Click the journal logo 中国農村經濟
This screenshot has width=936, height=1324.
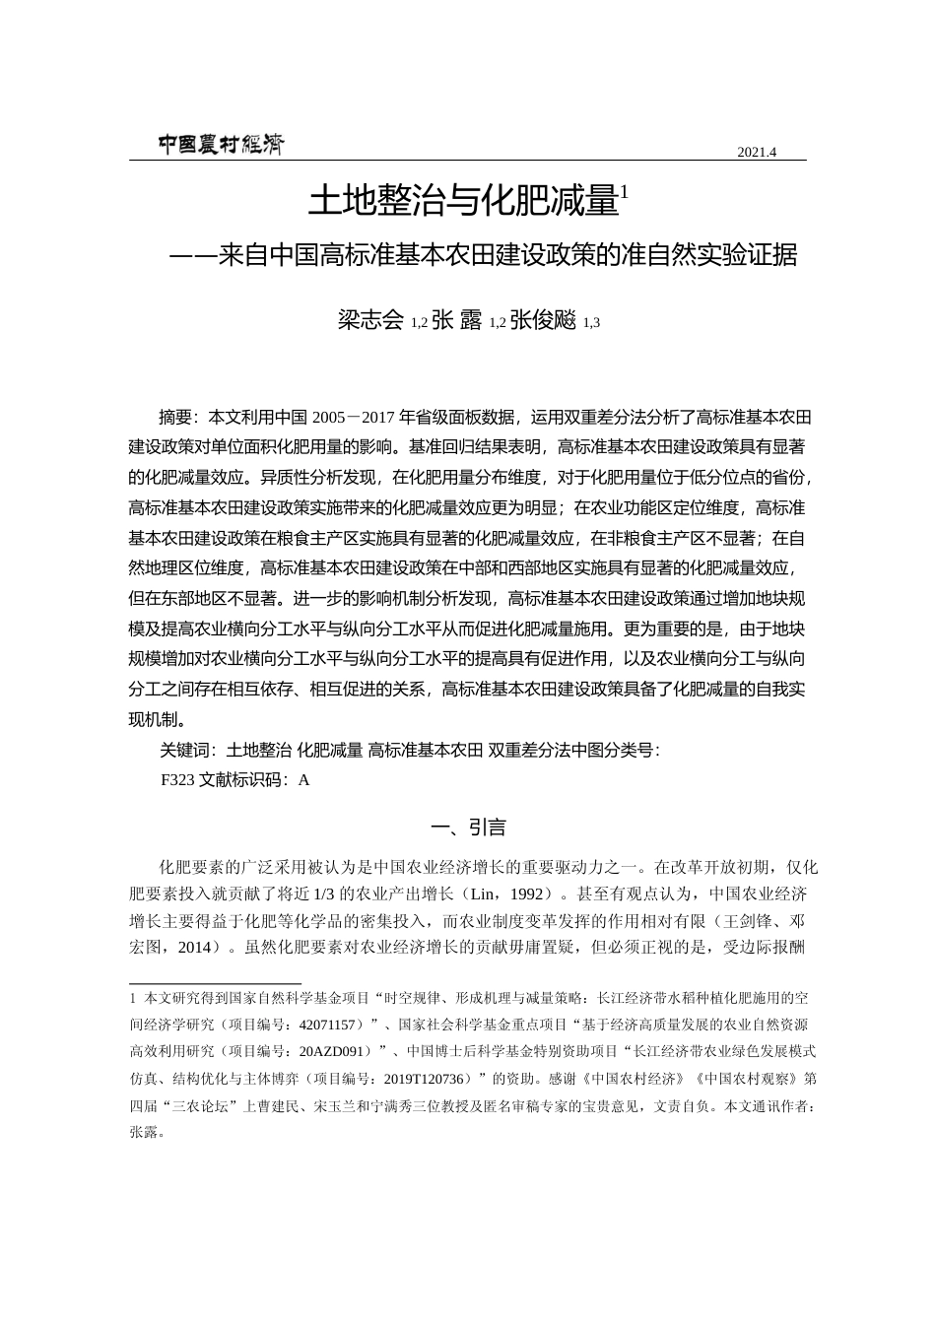coord(220,145)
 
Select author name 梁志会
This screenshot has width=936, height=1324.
coord(371,320)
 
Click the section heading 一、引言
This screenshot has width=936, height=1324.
coord(467,827)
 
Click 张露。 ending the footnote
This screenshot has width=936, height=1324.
coord(146,1131)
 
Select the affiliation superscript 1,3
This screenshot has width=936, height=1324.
coord(591,323)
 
